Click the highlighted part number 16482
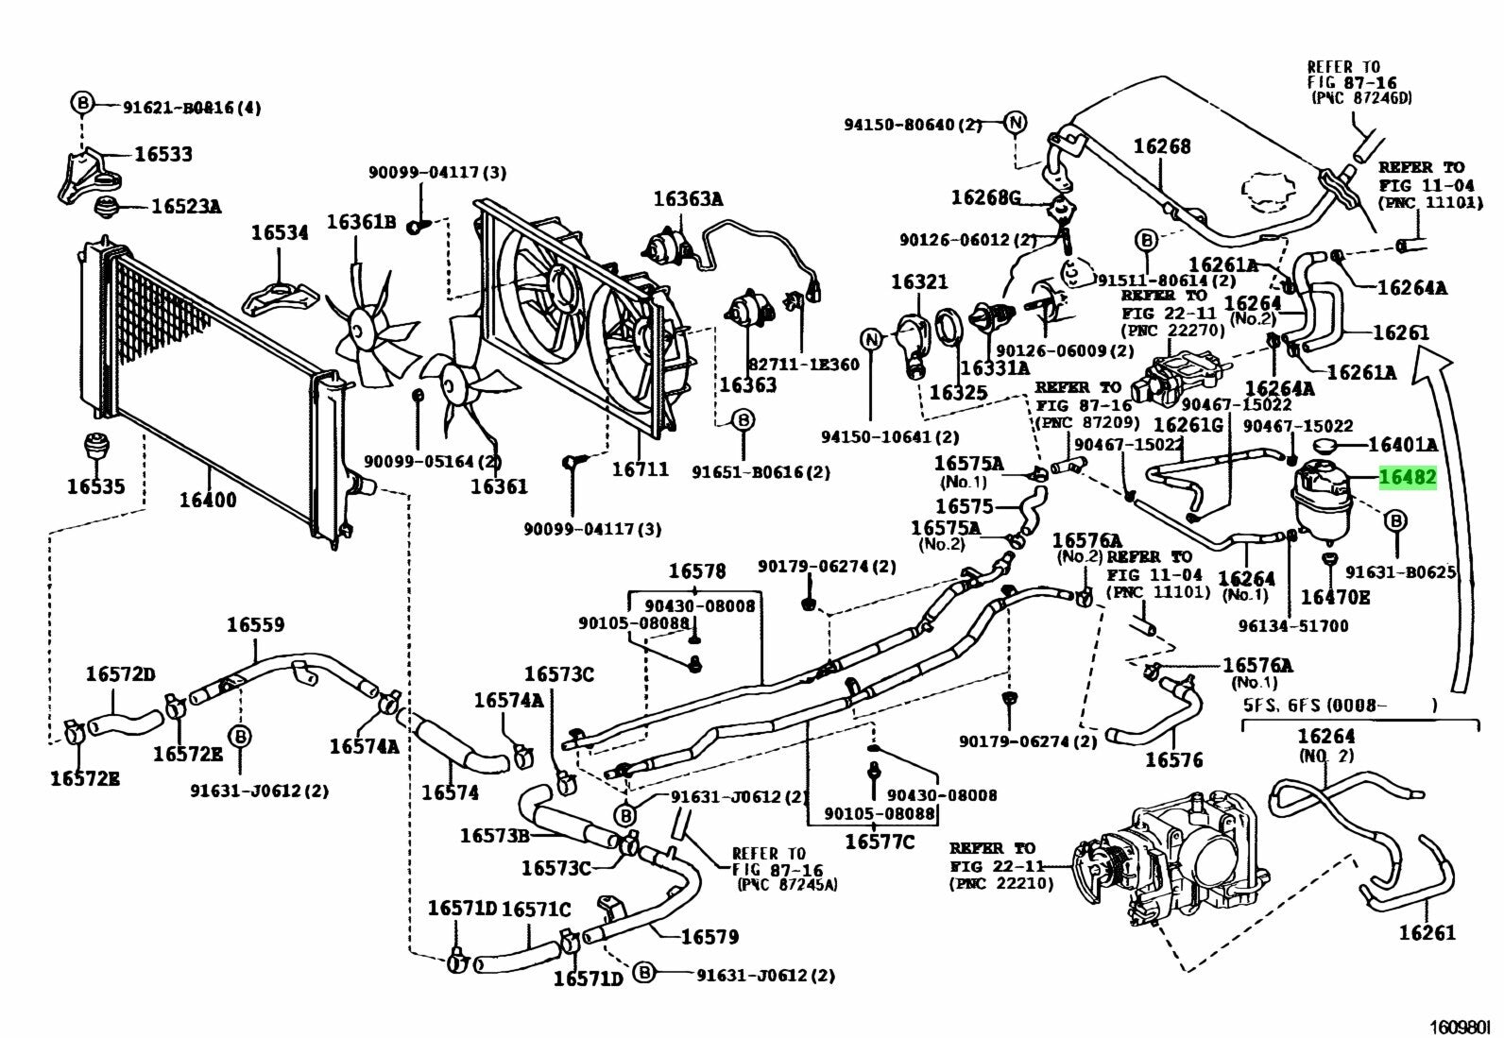tap(1408, 479)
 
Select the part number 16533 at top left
tap(162, 154)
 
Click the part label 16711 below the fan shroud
tap(640, 469)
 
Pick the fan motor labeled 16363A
tap(661, 245)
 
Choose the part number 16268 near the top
tap(1162, 146)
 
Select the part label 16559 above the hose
tap(255, 624)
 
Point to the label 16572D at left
tap(120, 673)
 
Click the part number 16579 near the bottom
tap(709, 936)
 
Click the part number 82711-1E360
tap(803, 365)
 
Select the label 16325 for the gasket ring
tap(958, 392)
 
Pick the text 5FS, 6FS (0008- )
tap(1340, 705)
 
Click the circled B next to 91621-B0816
tap(82, 102)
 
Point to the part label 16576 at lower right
tap(1174, 759)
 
